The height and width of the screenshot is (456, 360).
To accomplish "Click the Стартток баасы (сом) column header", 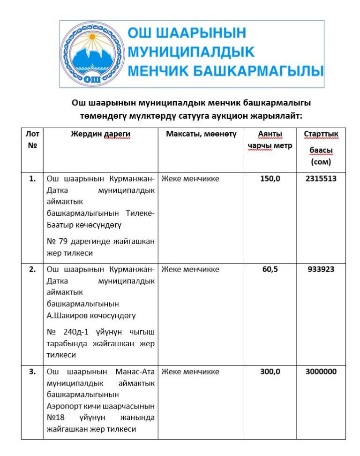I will pyautogui.click(x=321, y=148).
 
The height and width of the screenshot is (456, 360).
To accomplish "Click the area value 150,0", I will pyautogui.click(x=270, y=179).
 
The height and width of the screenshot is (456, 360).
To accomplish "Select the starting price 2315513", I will pyautogui.click(x=321, y=179).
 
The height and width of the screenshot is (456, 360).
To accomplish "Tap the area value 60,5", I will pyautogui.click(x=270, y=270).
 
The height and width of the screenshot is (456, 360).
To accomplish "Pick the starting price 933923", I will pyautogui.click(x=321, y=270).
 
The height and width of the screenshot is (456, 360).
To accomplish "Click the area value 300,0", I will pyautogui.click(x=270, y=372).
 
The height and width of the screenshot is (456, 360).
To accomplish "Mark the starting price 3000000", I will pyautogui.click(x=321, y=372).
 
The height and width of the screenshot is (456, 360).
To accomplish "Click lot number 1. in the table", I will pyautogui.click(x=32, y=179).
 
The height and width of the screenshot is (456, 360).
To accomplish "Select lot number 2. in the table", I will pyautogui.click(x=32, y=270).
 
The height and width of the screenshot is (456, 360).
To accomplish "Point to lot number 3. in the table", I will pyautogui.click(x=32, y=372).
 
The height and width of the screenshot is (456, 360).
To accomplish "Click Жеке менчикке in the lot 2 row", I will pyautogui.click(x=190, y=270).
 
